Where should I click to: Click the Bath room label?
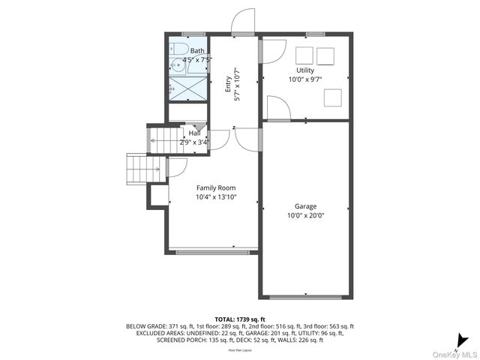[196, 51]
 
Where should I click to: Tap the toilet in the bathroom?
[178, 50]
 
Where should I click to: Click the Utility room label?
[305, 70]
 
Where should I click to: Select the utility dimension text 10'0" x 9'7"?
[305, 79]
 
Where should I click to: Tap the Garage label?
[305, 205]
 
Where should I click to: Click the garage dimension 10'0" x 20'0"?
[305, 214]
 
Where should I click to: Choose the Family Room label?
[216, 187]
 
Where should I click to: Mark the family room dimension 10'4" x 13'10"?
[216, 197]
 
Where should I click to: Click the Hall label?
[194, 133]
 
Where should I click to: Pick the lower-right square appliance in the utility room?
[332, 97]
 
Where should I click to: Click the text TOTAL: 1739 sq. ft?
[240, 319]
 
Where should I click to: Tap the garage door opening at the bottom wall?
[305, 296]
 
